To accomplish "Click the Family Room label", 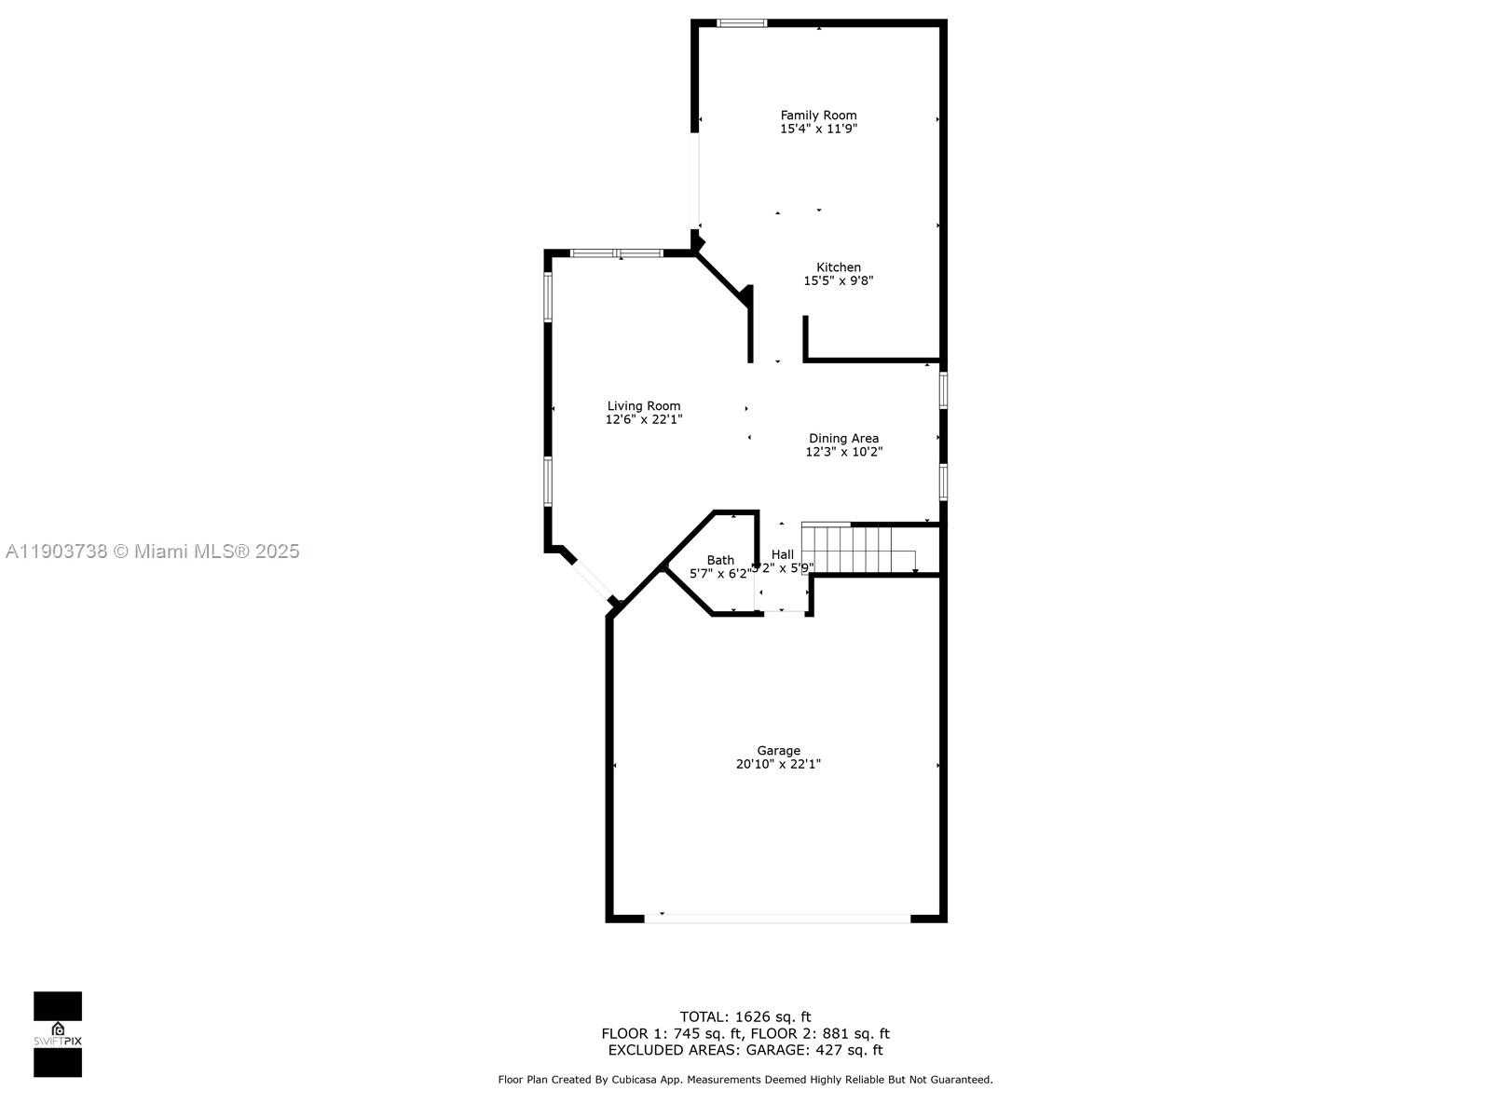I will [818, 116].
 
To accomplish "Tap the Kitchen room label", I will [839, 267].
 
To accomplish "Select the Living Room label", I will [644, 406].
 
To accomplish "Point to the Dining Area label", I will [843, 439].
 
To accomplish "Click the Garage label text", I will [778, 751].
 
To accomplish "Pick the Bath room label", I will [720, 561].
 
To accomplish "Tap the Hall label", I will [783, 554].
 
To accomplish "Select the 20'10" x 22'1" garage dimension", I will [778, 765].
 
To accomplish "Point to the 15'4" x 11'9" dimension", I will [818, 129].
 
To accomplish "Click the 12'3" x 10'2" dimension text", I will [843, 453].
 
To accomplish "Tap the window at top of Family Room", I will [742, 23].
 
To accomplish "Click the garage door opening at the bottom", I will [777, 919].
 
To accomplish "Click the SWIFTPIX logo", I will [58, 1034].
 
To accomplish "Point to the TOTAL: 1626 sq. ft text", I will [745, 1016].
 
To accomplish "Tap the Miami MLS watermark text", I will [153, 552].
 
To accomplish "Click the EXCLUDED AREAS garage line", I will [745, 1050].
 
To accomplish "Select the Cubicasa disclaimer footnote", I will [745, 1080].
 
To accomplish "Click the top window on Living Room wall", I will [616, 253].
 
